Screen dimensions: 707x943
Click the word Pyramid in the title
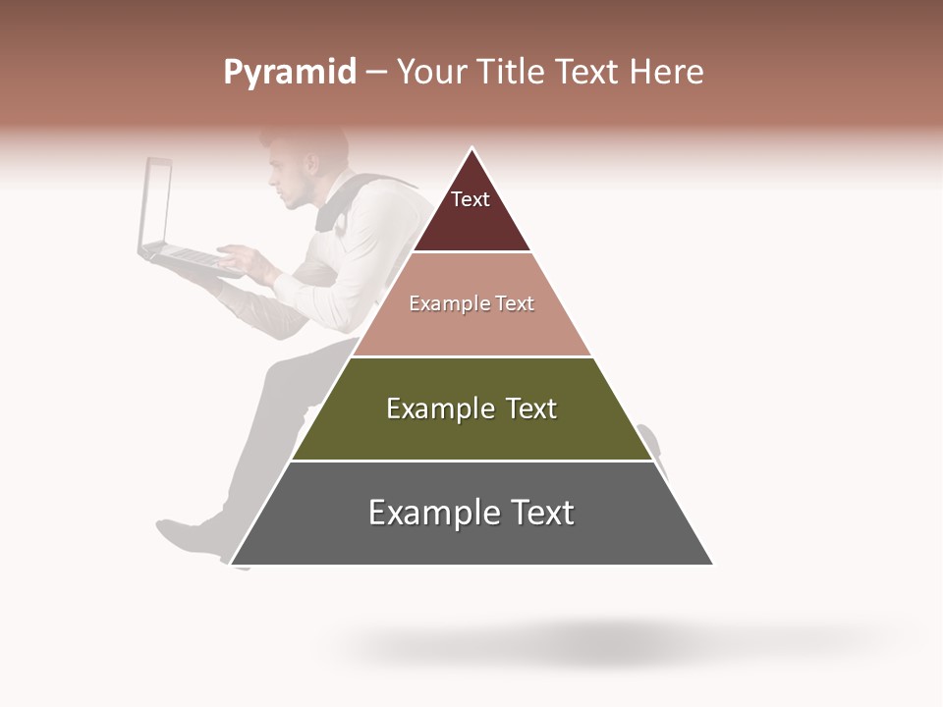click(x=289, y=73)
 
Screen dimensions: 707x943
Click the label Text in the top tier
click(x=471, y=199)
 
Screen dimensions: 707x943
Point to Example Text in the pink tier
click(x=471, y=303)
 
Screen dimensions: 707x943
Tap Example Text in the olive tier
click(x=471, y=408)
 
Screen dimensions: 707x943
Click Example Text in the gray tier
click(x=471, y=513)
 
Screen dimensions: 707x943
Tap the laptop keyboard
click(x=192, y=257)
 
